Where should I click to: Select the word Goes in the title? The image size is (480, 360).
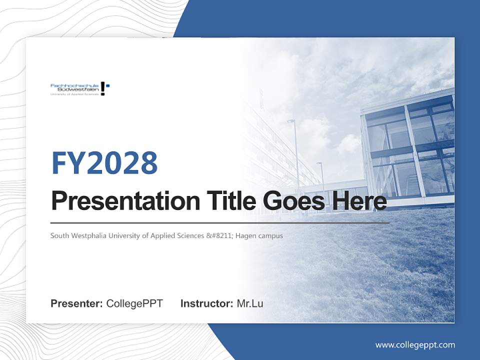tap(293, 201)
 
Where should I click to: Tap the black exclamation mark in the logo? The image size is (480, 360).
tap(103, 88)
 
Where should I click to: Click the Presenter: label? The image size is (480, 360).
tap(77, 303)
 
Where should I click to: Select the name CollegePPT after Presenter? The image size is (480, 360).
tap(134, 303)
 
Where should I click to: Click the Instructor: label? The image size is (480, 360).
tap(206, 303)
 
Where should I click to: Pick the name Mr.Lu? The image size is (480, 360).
tap(249, 303)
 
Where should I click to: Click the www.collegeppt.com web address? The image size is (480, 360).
tap(415, 344)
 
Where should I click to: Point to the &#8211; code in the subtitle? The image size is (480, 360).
tap(220, 235)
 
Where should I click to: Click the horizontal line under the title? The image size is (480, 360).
tap(220, 222)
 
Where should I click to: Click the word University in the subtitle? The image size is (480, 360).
tap(127, 235)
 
